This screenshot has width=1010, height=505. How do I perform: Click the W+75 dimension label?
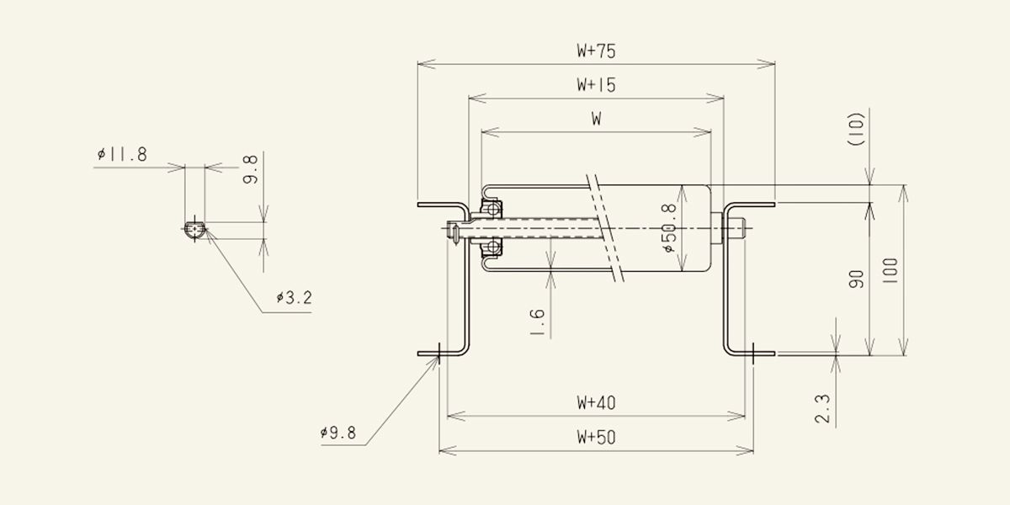(596, 51)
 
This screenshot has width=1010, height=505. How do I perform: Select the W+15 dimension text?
(596, 85)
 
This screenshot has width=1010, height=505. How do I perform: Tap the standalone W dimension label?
(596, 119)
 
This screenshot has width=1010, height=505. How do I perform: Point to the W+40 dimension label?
(596, 402)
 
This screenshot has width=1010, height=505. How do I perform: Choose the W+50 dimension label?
(596, 437)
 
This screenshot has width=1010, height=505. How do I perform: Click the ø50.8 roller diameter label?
(670, 228)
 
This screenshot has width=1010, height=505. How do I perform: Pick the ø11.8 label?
(122, 155)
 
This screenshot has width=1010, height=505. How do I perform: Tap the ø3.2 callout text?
(294, 298)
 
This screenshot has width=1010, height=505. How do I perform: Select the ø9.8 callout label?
(338, 433)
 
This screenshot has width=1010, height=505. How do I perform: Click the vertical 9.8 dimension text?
(250, 169)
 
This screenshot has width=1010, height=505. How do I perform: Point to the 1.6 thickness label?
(537, 322)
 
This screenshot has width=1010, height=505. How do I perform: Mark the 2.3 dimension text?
(822, 408)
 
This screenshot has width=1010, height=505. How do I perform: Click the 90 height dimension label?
(856, 279)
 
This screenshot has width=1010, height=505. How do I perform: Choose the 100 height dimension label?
(890, 270)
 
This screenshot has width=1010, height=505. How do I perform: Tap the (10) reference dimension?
(857, 129)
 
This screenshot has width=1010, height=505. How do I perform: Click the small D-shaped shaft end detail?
(194, 229)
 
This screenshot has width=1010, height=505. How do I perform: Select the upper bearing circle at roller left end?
(493, 210)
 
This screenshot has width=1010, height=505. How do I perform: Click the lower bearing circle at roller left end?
(493, 247)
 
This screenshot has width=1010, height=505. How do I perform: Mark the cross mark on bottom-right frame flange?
(753, 353)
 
